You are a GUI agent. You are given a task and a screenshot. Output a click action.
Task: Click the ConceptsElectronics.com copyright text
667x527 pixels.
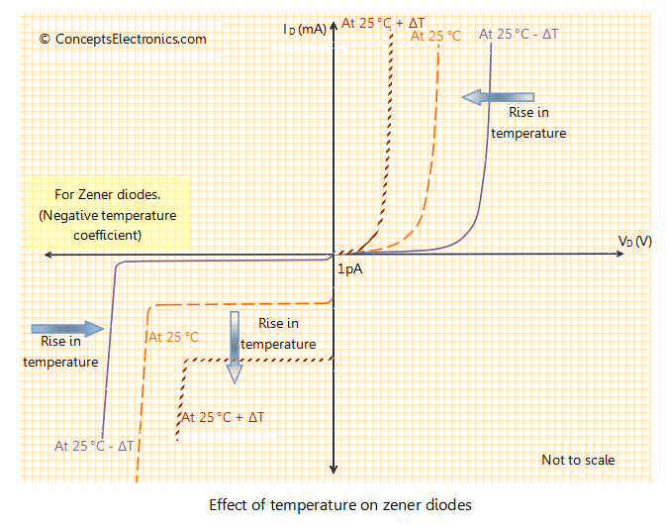click(123, 40)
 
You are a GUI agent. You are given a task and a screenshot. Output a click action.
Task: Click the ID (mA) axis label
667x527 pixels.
click(305, 30)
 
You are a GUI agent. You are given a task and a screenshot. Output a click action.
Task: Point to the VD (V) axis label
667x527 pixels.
click(634, 242)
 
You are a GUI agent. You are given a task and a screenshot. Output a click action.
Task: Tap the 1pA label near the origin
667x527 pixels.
click(349, 268)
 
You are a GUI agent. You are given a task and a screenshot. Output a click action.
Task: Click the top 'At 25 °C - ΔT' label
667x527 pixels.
click(519, 34)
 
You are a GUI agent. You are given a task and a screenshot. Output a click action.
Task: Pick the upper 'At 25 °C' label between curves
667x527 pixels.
click(435, 36)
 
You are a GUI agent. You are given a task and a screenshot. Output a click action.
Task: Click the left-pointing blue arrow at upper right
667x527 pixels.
click(499, 96)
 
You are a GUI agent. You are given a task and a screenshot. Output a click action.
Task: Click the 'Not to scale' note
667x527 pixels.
click(578, 460)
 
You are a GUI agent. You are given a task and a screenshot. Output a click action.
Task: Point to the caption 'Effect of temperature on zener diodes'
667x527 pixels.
click(340, 504)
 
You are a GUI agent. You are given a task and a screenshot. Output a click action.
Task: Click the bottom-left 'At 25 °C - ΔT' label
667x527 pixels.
click(95, 446)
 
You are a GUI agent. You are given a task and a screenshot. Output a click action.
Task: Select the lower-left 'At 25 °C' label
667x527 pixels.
click(174, 337)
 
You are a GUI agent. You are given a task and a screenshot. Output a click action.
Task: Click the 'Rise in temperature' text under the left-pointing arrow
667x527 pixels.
click(528, 124)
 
